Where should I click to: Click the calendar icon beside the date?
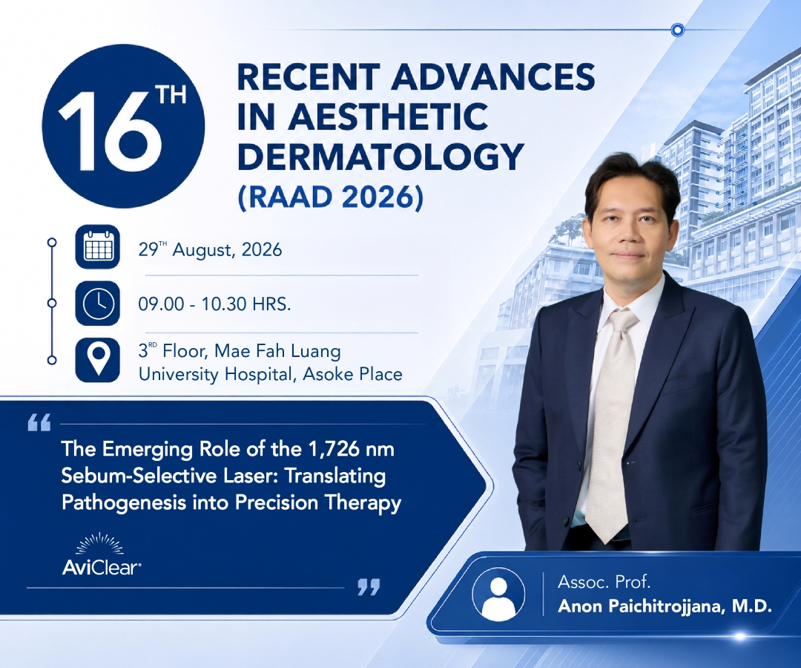[98, 247]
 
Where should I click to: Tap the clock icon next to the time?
[98, 304]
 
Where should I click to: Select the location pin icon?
[98, 360]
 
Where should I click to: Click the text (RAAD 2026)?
[331, 197]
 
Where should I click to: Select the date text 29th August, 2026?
[210, 249]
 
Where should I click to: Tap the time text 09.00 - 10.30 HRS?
[214, 304]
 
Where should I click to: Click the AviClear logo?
[101, 555]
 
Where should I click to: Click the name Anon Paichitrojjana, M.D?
[665, 606]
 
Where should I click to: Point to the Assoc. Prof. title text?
[604, 582]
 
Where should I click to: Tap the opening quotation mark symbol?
[39, 422]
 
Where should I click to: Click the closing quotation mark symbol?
[369, 587]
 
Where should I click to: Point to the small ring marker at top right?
[677, 30]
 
